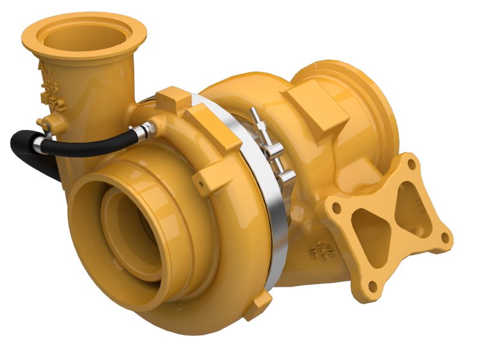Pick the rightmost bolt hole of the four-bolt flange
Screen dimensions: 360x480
(x=445, y=237)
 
